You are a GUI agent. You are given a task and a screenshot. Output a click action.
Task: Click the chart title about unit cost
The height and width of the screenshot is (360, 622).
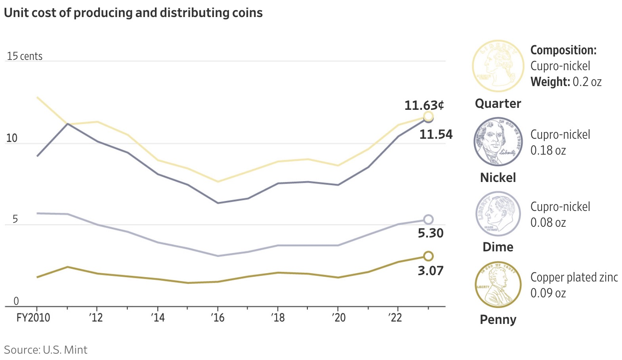pos(133,13)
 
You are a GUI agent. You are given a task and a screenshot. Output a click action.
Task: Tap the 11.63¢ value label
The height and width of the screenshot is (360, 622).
pos(424,105)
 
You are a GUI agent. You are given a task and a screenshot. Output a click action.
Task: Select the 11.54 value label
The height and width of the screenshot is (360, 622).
pos(436,134)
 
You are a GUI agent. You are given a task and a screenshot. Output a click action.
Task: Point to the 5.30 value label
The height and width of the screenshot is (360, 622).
pos(431,233)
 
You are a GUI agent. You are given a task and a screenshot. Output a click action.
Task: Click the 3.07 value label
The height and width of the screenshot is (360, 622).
pos(431,271)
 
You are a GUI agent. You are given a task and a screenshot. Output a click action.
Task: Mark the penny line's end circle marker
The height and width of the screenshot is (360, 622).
pos(428,256)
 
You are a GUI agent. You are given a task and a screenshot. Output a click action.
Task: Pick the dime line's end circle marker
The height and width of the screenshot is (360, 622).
pos(428,220)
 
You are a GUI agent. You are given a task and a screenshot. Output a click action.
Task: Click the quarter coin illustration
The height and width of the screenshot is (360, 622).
pos(498,66)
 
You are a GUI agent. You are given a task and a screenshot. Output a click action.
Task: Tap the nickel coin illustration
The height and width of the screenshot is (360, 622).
pos(498,142)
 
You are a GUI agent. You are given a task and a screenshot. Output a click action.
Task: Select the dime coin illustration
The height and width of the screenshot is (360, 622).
pos(498,214)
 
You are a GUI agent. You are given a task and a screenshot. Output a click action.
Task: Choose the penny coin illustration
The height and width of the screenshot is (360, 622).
pos(498,285)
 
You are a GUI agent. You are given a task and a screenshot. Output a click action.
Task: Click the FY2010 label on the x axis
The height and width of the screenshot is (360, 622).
pos(33,318)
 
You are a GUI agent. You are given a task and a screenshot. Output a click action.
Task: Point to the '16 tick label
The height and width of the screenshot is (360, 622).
pos(218,318)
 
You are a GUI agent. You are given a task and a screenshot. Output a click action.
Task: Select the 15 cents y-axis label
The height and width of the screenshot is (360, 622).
pos(25,56)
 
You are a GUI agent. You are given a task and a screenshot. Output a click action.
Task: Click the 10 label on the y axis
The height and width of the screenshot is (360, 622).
pos(12,138)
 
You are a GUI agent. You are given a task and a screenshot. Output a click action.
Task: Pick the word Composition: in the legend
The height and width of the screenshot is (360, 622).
pos(563,50)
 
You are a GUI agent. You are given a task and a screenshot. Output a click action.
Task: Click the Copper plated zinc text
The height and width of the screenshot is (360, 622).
pos(574,277)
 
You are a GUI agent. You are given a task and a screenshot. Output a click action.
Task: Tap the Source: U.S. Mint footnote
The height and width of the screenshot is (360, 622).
pos(46,350)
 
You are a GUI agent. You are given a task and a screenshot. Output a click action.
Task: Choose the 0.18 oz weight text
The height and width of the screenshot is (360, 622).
pos(548,151)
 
